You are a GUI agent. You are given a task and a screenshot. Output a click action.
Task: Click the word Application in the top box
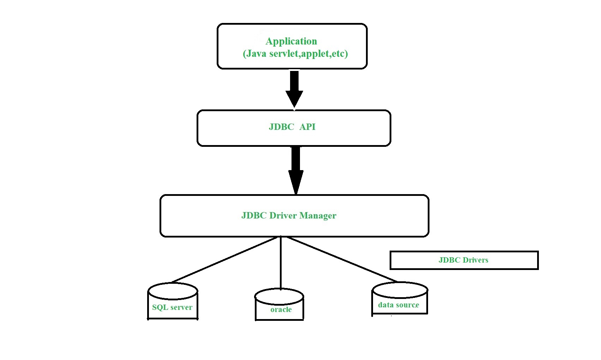click(x=291, y=41)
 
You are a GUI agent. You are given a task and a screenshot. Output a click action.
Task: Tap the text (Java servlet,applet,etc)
click(x=295, y=54)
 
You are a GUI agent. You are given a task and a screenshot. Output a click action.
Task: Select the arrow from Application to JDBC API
click(x=294, y=88)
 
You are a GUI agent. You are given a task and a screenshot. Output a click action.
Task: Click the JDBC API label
click(x=292, y=127)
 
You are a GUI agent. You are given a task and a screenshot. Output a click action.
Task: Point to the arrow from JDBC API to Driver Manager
click(x=296, y=169)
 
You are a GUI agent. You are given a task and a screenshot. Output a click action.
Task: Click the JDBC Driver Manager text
click(x=289, y=215)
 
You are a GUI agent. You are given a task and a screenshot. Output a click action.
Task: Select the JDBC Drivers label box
click(x=464, y=260)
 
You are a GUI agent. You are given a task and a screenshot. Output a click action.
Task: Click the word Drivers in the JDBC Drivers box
click(x=475, y=260)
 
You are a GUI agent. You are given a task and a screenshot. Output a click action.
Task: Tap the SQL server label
click(x=172, y=307)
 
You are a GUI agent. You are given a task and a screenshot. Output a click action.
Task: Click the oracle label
click(x=281, y=310)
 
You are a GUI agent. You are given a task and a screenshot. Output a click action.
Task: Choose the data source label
click(x=398, y=305)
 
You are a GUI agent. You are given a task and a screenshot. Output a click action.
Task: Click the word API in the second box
click(x=307, y=127)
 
